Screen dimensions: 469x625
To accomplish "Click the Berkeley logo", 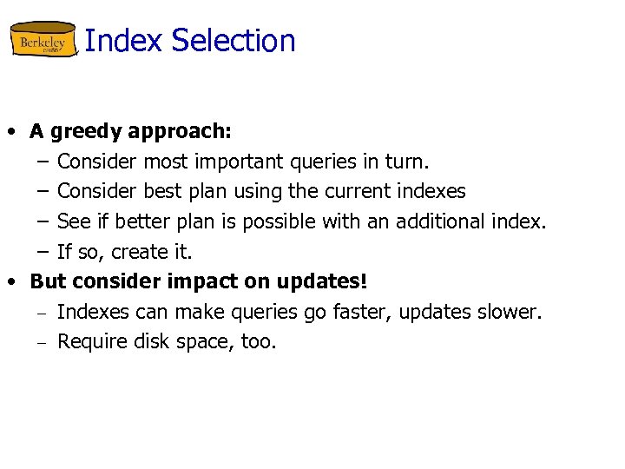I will (x=43, y=40).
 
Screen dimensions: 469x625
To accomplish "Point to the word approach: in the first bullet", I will (x=180, y=132).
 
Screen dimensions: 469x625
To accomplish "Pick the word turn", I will (x=407, y=162).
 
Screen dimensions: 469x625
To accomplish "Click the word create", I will (x=147, y=252).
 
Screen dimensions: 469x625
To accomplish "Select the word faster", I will (x=365, y=312).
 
